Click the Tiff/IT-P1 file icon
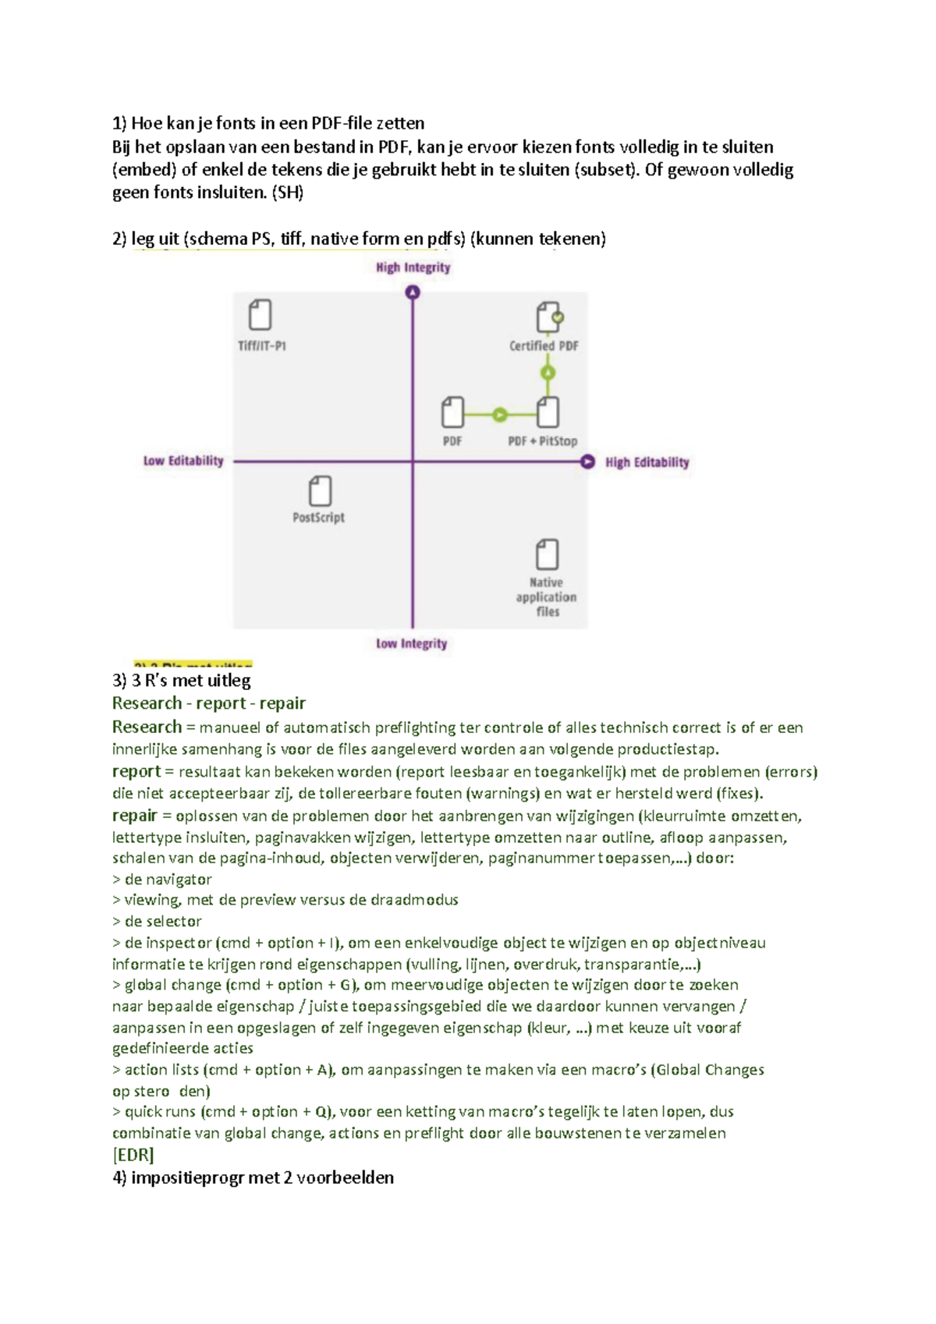tap(260, 316)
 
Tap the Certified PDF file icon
tap(548, 317)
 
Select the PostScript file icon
tap(320, 491)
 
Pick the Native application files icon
tap(547, 554)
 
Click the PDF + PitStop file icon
tap(548, 412)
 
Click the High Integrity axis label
tap(413, 267)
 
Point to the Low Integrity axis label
tap(411, 643)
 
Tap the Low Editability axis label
tap(183, 461)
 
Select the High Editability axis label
tap(647, 462)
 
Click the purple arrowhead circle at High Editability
tap(587, 462)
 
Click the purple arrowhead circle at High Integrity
tap(413, 292)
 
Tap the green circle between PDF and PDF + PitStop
tap(500, 414)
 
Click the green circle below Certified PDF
tap(548, 373)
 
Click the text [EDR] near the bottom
tap(133, 1155)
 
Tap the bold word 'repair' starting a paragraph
tap(135, 816)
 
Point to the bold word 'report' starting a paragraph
tap(136, 772)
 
